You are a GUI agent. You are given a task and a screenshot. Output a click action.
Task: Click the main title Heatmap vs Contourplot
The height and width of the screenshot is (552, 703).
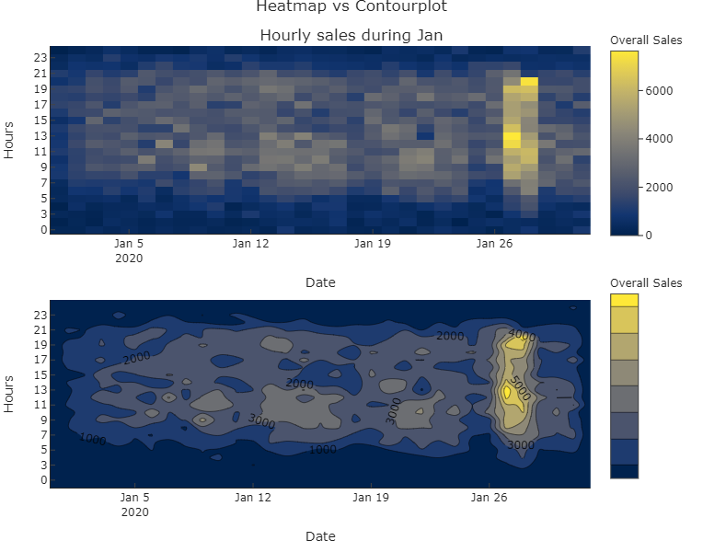(x=351, y=7)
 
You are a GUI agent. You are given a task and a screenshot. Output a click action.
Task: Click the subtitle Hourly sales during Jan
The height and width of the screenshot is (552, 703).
(x=351, y=36)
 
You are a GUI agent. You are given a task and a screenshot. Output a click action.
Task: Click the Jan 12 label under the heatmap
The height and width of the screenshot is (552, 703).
(x=251, y=244)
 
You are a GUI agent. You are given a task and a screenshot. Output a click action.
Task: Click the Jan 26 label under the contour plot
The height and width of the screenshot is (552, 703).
(x=493, y=498)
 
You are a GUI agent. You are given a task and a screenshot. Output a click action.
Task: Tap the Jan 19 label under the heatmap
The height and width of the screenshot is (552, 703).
(x=373, y=244)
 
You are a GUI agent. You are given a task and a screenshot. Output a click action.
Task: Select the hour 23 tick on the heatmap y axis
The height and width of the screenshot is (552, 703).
(x=40, y=57)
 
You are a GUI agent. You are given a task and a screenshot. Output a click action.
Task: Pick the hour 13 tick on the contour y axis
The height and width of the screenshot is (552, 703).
(x=40, y=391)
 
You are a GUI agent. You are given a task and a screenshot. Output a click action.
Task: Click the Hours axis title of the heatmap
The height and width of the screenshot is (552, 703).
(x=10, y=141)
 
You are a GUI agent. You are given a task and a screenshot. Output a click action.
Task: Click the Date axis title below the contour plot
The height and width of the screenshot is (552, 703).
(x=320, y=536)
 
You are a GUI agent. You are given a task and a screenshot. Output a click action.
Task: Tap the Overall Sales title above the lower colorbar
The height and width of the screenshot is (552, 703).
(x=646, y=282)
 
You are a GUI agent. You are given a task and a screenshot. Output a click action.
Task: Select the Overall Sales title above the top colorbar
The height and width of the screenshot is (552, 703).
(x=646, y=40)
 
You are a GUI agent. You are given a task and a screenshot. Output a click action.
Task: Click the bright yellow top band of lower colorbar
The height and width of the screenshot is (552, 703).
(x=624, y=300)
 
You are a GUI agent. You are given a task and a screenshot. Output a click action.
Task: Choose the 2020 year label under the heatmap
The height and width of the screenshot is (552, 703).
(x=129, y=258)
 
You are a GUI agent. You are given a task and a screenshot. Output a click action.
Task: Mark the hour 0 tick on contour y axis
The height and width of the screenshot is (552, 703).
(x=43, y=479)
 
